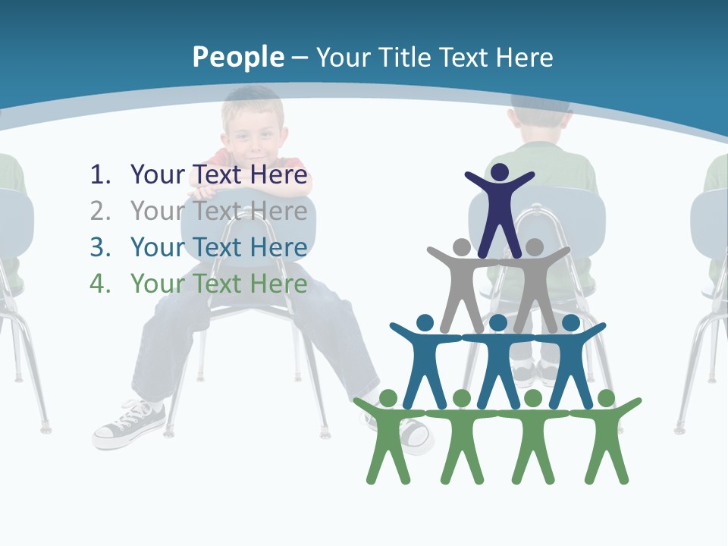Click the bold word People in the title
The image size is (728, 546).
coord(237,57)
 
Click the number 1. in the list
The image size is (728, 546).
coord(101,174)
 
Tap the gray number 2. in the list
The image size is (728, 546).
coord(101,211)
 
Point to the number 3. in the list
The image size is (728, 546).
coord(101,247)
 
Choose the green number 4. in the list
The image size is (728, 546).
coord(101,284)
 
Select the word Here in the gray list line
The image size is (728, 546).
coord(278,211)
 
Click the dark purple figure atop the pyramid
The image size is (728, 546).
coord(499,209)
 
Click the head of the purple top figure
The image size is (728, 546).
coord(500,172)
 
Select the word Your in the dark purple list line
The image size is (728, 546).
coord(158,174)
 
